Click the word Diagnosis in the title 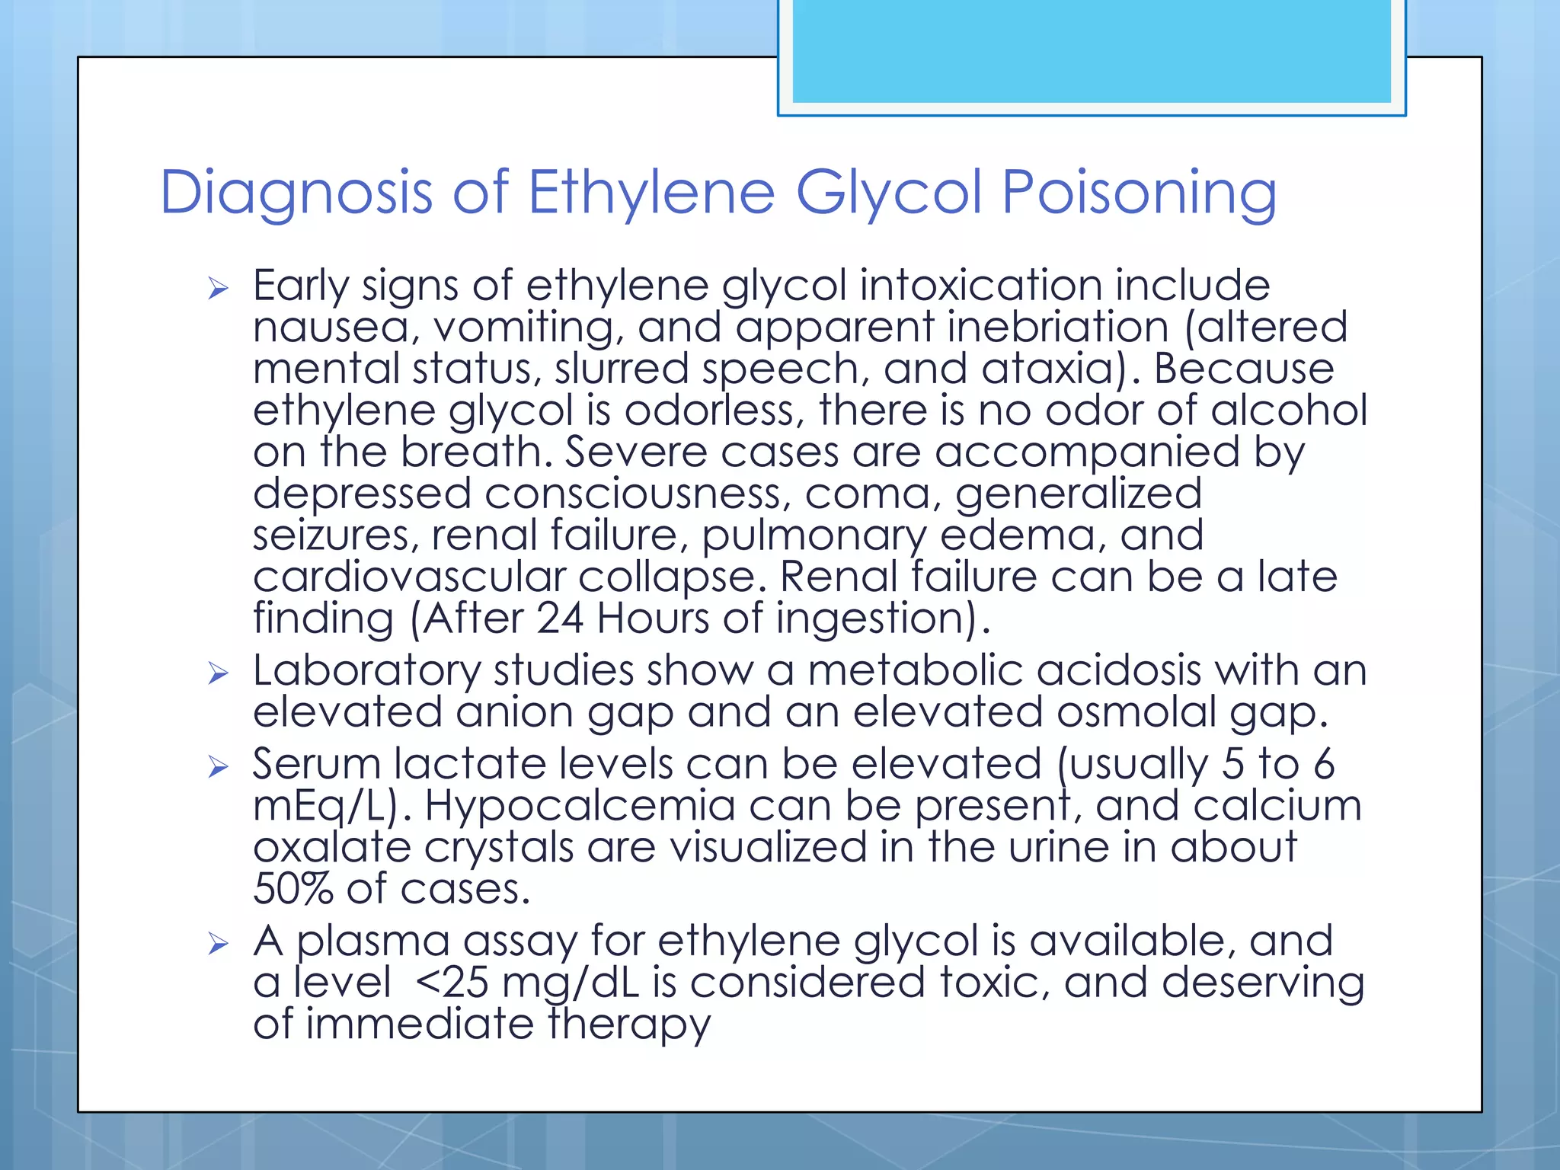tap(296, 193)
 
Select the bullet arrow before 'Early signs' tap(218, 289)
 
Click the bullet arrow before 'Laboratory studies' tap(218, 673)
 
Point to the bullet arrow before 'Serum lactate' tap(218, 766)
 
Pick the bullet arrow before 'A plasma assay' tap(218, 945)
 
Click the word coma tap(868, 494)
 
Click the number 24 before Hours tap(560, 619)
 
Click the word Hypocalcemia tap(580, 807)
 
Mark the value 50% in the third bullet tap(292, 889)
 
